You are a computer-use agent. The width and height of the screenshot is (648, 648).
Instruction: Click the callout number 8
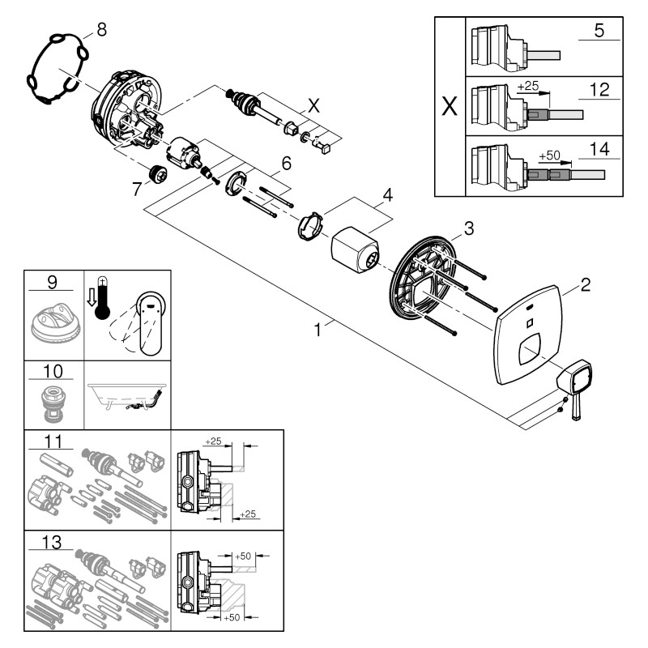(x=100, y=30)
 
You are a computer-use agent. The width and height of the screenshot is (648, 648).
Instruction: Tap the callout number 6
(x=286, y=163)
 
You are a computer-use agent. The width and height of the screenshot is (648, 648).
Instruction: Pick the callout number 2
(x=585, y=284)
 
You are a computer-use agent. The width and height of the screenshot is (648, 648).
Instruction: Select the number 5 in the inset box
(x=599, y=32)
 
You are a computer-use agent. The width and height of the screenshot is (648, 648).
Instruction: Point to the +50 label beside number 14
(x=548, y=155)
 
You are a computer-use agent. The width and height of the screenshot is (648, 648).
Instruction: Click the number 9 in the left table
(x=52, y=283)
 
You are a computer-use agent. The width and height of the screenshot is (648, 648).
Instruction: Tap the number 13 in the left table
(x=52, y=539)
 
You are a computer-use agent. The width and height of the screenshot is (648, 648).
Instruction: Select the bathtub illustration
(x=128, y=397)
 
